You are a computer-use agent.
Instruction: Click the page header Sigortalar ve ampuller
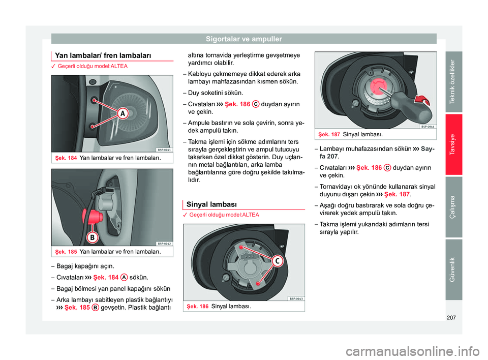[243, 38]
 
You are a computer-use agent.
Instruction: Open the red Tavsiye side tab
[451, 145]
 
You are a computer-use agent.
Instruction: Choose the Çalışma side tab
[451, 207]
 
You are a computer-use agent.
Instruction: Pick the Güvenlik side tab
[451, 269]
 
